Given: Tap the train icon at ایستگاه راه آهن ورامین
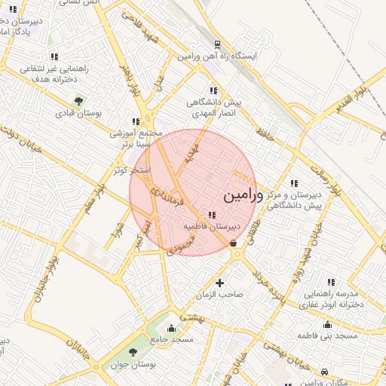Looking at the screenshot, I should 217,44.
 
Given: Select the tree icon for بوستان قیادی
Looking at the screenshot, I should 78,101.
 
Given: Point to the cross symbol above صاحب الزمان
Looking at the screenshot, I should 219,283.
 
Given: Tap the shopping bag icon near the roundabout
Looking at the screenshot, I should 233,243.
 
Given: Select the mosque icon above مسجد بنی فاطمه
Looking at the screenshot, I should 327,324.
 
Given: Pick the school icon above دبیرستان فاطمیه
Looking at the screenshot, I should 210,216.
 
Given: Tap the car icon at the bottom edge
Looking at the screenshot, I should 324,372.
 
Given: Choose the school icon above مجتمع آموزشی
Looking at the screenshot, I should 136,121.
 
